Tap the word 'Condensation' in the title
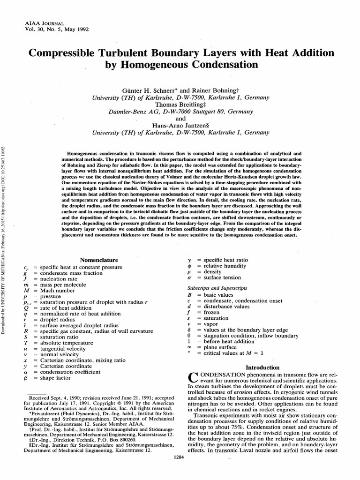click(x=217, y=64)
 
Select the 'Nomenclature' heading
click(x=99, y=260)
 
